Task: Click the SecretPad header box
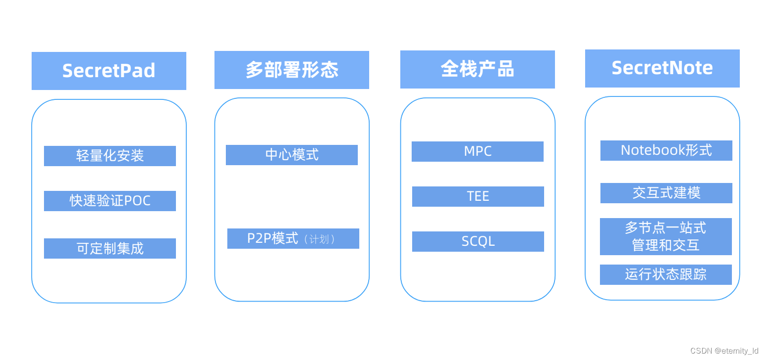coord(109,71)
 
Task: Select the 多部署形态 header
coord(292,70)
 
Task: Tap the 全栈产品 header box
coord(477,69)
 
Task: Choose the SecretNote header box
coord(662,68)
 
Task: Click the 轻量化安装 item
coord(110,156)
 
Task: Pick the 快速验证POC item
coord(110,201)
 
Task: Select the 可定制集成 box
coord(110,248)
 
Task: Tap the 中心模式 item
coord(292,155)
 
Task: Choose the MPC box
coord(477,151)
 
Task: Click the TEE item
coord(478,196)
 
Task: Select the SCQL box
coord(478,241)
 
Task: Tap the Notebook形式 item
coord(666,150)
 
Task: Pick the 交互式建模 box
coord(666,193)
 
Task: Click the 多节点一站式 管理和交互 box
coord(666,236)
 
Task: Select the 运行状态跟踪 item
coord(666,274)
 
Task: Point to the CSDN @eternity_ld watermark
coord(724,351)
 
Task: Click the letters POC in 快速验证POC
coord(137,201)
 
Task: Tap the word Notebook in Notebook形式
coord(649,150)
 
